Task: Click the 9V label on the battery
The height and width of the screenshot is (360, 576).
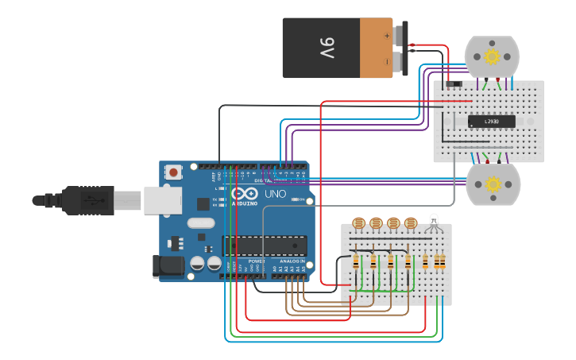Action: [327, 48]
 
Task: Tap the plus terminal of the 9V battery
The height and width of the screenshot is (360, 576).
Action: [387, 35]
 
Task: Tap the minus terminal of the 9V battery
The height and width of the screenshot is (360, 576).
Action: [387, 61]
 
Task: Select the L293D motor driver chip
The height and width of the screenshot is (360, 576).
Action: [491, 122]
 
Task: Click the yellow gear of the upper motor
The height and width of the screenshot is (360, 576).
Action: [492, 56]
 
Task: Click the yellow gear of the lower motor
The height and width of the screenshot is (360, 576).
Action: [493, 184]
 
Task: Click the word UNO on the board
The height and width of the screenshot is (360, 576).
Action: [275, 193]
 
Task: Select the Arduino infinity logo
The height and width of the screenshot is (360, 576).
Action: [245, 193]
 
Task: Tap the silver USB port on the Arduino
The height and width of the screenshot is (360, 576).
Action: [162, 200]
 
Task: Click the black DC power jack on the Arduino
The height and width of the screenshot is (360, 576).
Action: [168, 266]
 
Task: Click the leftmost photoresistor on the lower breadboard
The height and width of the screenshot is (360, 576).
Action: [358, 223]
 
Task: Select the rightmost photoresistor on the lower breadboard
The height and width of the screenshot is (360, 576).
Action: [411, 223]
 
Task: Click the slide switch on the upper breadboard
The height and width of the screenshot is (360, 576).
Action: [453, 84]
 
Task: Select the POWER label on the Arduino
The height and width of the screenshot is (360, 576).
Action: [257, 261]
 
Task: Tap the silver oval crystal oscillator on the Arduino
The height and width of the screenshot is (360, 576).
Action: [202, 223]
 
